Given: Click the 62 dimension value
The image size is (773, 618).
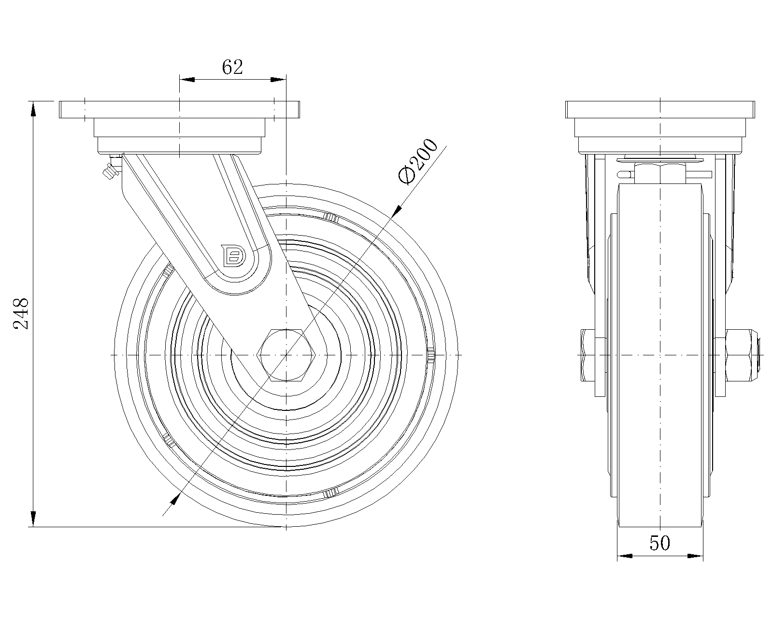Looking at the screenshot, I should [232, 68].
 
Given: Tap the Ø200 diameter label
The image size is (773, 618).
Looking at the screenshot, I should [418, 161].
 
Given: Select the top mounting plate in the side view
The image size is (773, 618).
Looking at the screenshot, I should [180, 110].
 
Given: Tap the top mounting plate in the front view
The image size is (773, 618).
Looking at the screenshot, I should [660, 110].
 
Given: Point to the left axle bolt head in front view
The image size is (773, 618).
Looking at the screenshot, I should [589, 355].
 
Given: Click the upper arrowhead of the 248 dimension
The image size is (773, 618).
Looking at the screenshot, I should [33, 109].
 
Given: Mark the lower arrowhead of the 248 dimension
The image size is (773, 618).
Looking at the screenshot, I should [33, 519].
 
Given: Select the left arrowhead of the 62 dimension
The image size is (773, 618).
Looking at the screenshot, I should [186, 79].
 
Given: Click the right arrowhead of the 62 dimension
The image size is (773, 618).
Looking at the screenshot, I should [279, 79].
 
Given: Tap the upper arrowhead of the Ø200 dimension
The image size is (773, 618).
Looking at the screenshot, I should [397, 210].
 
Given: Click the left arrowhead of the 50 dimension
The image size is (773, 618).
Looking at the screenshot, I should [625, 556].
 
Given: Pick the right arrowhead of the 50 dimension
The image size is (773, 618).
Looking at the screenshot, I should [696, 556].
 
